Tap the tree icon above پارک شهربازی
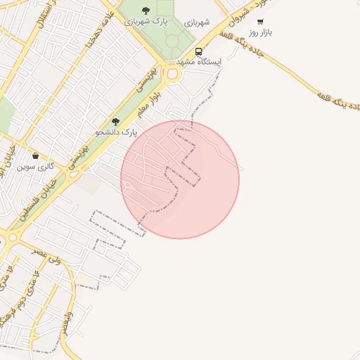tap(146, 11)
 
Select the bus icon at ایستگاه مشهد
tap(199, 51)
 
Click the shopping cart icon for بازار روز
tap(260, 22)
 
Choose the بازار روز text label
tap(260, 32)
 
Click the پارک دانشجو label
tap(116, 131)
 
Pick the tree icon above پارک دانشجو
tap(116, 122)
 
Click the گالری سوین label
tap(35, 167)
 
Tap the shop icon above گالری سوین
tap(35, 156)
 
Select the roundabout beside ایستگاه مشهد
tap(172, 73)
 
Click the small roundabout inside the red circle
tap(127, 186)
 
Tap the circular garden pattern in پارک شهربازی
tap(173, 40)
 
